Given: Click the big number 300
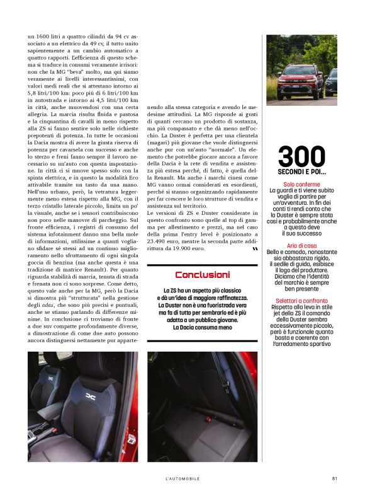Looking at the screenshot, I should (302, 157).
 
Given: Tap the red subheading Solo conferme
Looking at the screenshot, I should (302, 185).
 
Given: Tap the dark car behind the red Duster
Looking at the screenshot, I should (330, 82).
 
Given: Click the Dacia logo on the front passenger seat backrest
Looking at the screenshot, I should (92, 395).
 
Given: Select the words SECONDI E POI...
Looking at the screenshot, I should (302, 171).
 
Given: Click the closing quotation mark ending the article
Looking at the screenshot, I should (254, 249).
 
